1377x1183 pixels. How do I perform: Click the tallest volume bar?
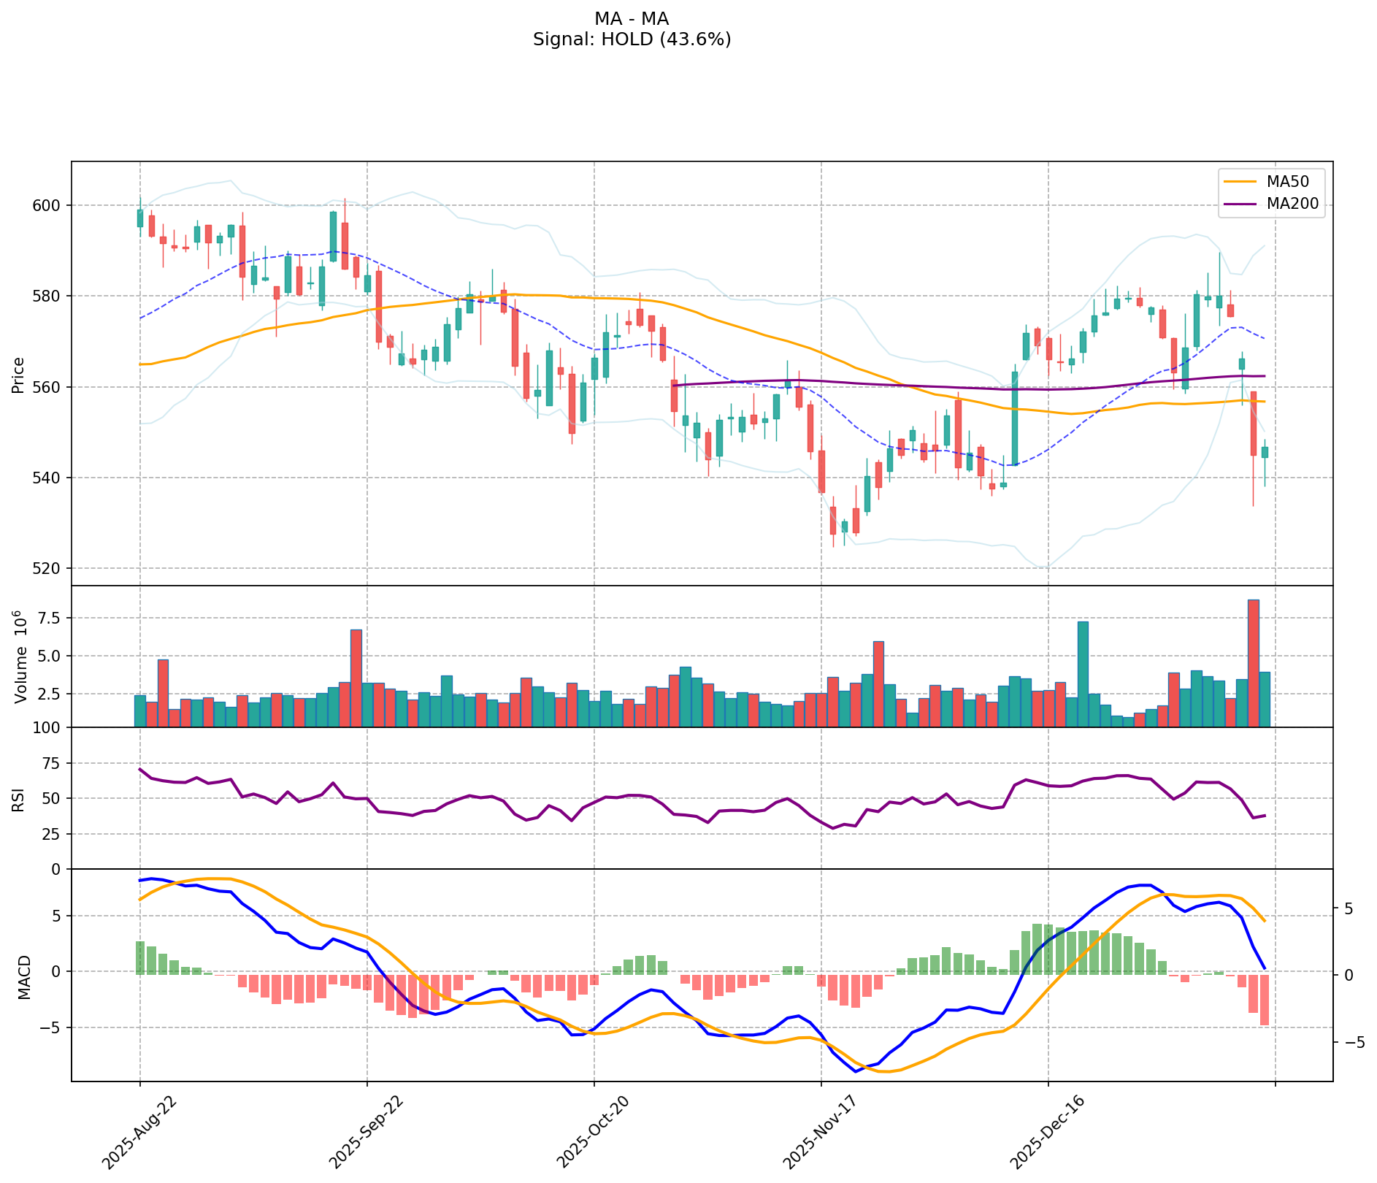pos(1253,662)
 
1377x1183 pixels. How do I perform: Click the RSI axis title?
pos(19,799)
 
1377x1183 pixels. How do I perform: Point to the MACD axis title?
pos(24,976)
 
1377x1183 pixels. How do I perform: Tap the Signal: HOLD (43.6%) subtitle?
pos(632,39)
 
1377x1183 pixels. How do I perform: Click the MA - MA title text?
pos(632,18)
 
